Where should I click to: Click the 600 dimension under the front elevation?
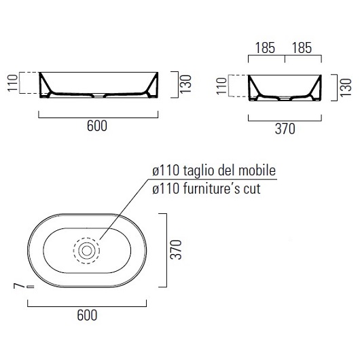(97, 126)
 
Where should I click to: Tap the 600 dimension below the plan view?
(87, 315)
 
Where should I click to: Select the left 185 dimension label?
(265, 48)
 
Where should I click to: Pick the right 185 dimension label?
(302, 48)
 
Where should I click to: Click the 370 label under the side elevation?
(285, 129)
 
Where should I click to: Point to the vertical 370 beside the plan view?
(176, 250)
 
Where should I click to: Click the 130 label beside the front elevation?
(185, 84)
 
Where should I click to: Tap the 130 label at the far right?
(346, 88)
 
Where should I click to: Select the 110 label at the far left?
(13, 83)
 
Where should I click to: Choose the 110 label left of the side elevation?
(221, 86)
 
